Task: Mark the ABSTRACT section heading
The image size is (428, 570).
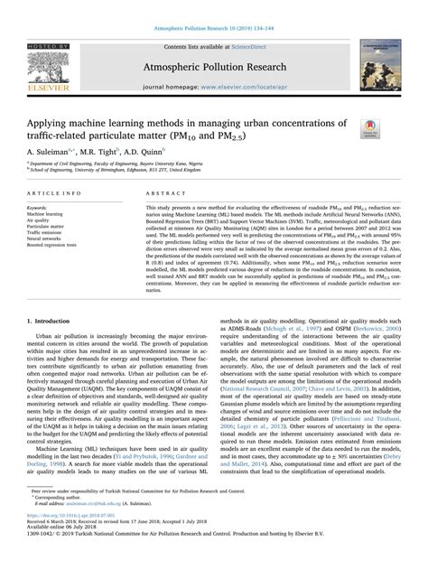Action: pyautogui.click(x=151, y=193)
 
